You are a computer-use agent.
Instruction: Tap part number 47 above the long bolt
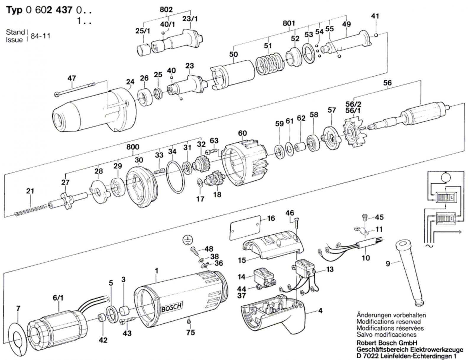click(72, 78)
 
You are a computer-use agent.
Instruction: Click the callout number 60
click(242, 133)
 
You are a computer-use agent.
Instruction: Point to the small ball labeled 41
click(376, 35)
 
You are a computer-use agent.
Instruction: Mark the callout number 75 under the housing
click(191, 332)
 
